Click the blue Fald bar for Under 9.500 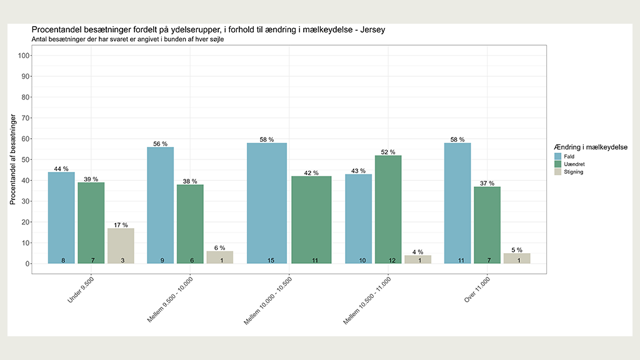tap(61, 218)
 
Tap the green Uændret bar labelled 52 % tap(388, 210)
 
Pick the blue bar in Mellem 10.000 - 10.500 tap(267, 203)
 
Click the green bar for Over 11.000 tap(487, 225)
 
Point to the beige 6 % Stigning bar tap(220, 257)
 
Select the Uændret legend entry tap(569, 164)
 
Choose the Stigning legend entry tap(569, 172)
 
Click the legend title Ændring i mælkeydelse tap(591, 147)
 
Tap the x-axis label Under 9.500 tap(81, 290)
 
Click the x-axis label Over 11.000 tap(477, 290)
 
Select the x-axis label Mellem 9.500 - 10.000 tap(170, 299)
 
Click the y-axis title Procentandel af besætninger tap(12, 159)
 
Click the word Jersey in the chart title tap(372, 30)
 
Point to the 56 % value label tap(161, 144)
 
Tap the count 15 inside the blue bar tap(271, 261)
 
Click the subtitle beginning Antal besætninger tap(127, 39)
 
